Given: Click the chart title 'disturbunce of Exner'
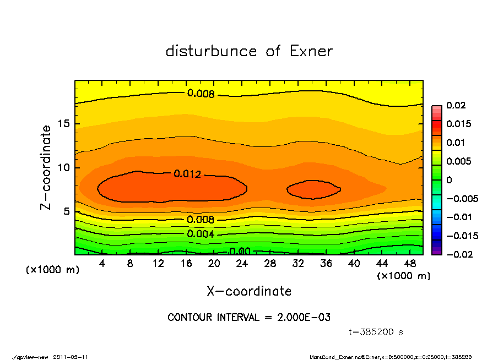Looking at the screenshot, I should [x=249, y=52].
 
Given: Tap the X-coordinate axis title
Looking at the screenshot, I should [x=249, y=291].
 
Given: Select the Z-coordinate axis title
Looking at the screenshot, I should [x=46, y=167].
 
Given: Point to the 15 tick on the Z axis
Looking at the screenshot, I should [x=64, y=124].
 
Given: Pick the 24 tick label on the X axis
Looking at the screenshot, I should [x=242, y=264].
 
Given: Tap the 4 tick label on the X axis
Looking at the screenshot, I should [x=102, y=264].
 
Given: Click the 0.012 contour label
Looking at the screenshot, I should [x=187, y=174].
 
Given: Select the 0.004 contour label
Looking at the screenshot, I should [x=201, y=234].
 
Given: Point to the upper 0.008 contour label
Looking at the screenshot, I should [x=201, y=94].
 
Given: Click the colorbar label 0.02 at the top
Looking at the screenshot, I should [x=456, y=105].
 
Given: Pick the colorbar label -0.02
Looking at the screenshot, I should [x=458, y=254].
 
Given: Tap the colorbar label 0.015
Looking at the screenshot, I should [x=458, y=124].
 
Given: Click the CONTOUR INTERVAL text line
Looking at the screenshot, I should [x=249, y=318].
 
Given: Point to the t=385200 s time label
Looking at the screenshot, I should [x=376, y=332].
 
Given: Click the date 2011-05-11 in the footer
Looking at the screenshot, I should [x=71, y=357].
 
